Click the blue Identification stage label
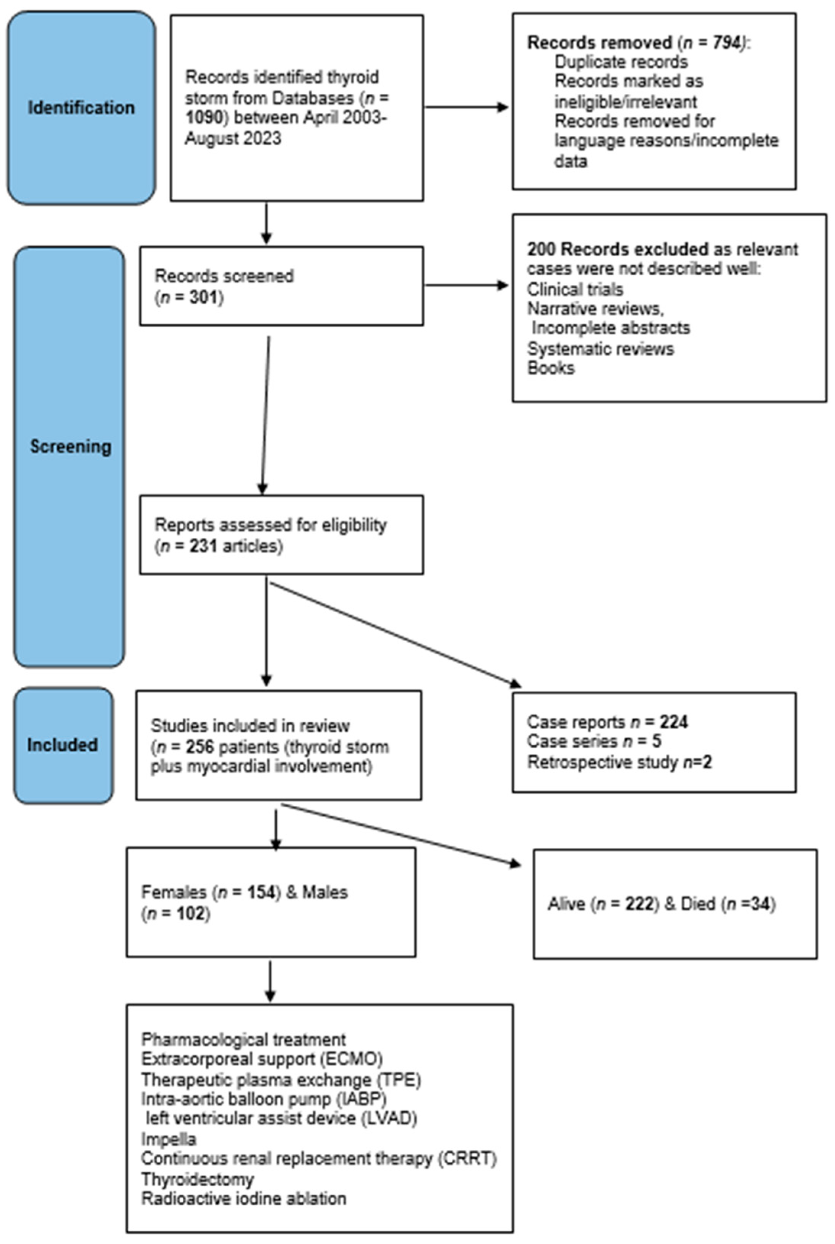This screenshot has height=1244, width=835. (x=81, y=107)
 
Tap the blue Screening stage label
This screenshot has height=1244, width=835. (x=70, y=446)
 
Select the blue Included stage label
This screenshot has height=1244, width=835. (x=62, y=745)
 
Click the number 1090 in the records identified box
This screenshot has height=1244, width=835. (x=206, y=118)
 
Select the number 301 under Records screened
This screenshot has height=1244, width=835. (x=204, y=297)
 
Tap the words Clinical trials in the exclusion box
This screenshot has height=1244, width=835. (x=575, y=289)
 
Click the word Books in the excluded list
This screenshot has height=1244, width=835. (x=551, y=368)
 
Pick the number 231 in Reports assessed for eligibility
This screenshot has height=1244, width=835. (x=203, y=546)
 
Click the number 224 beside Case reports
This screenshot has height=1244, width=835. (x=674, y=722)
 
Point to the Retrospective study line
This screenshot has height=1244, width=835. (x=619, y=763)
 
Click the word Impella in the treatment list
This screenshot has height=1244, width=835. (x=169, y=1140)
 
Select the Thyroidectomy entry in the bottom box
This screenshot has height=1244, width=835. (x=198, y=1179)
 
